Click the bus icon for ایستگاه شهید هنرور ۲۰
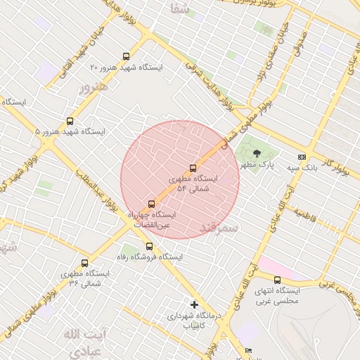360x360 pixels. pos(127,56)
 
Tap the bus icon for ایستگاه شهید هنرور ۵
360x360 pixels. pos(70,121)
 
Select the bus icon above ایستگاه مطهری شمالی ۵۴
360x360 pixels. pos(193,168)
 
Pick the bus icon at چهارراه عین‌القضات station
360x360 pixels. pos(151,204)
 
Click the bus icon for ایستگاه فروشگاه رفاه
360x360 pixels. pos(148,246)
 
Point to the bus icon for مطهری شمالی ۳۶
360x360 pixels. pos(84,262)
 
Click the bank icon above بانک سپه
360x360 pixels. pos(302,157)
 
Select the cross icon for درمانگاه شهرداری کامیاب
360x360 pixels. pos(195,304)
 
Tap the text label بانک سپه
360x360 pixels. pos(302,169)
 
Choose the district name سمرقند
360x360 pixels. pos(219,228)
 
